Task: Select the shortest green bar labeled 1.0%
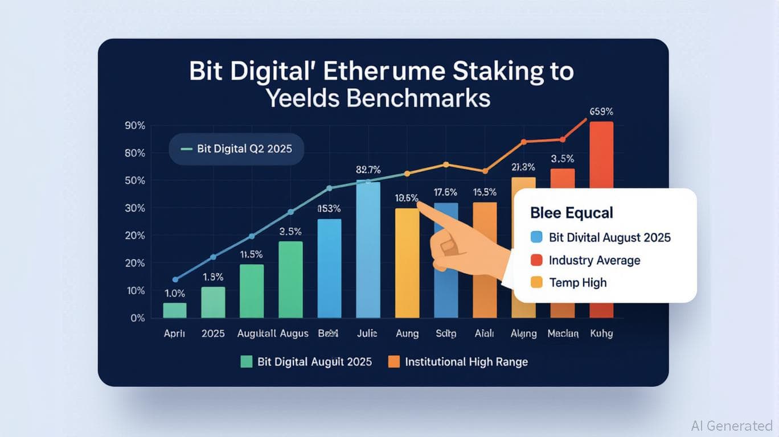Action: click(174, 310)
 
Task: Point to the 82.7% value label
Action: click(368, 170)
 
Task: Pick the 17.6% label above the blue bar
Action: click(446, 192)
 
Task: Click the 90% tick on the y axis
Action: click(134, 126)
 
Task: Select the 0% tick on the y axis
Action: click(137, 318)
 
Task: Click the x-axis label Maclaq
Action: click(563, 333)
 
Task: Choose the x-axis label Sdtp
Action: click(446, 333)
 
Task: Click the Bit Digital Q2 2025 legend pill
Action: click(236, 149)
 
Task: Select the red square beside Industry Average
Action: click(535, 260)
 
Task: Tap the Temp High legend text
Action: click(577, 282)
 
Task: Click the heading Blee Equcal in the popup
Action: click(571, 213)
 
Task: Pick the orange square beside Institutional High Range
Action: click(394, 361)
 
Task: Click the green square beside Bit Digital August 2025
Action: click(246, 361)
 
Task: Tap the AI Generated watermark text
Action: click(731, 426)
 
